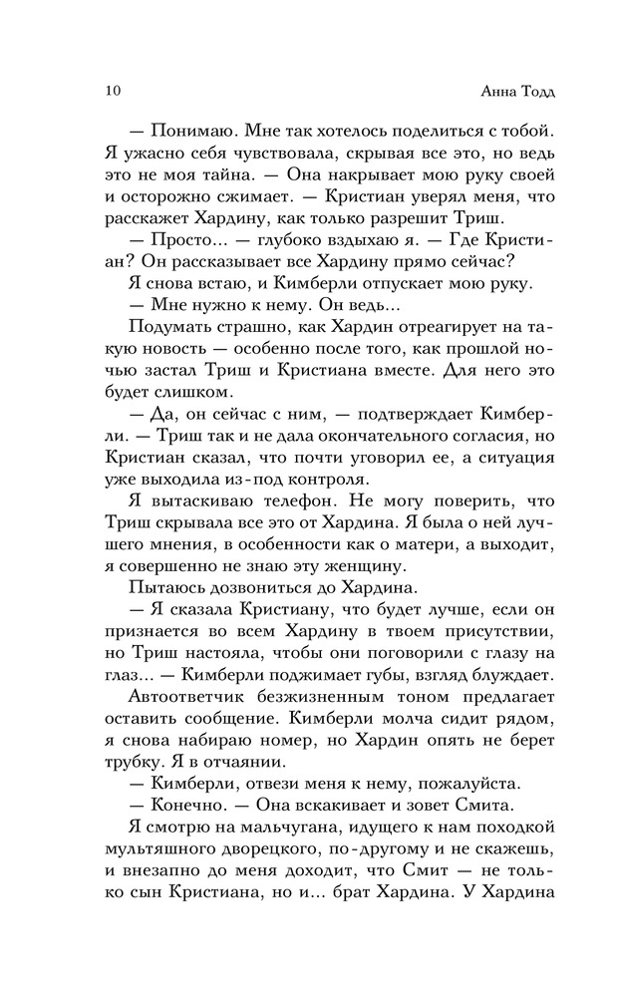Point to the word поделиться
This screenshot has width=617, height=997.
point(418,133)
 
